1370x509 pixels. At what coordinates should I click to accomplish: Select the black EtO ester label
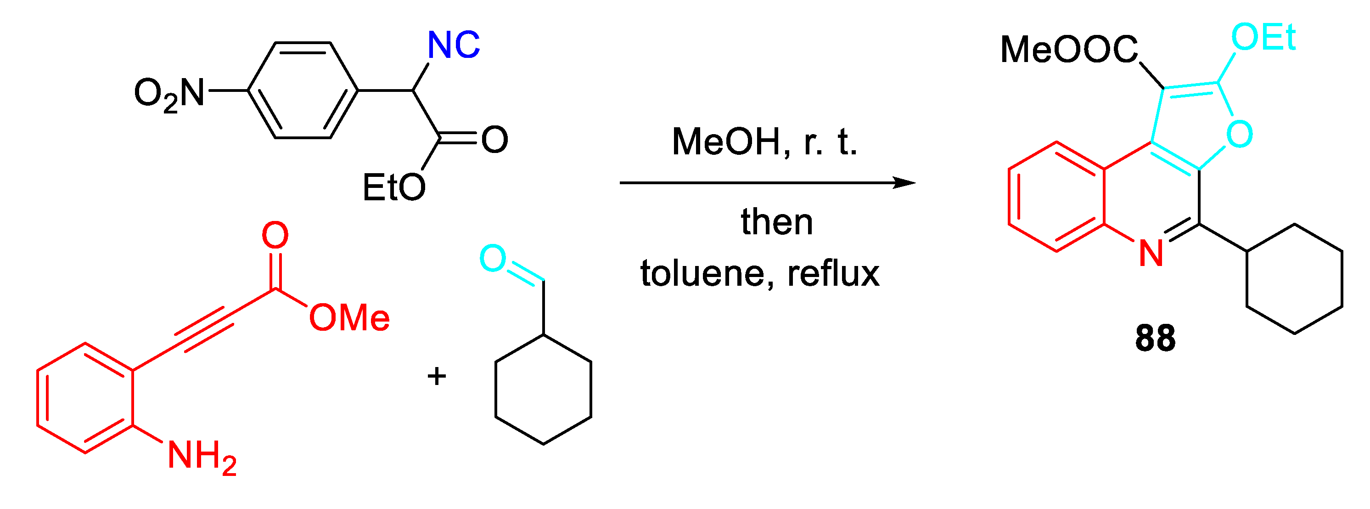[393, 187]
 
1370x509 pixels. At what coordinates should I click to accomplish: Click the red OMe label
[349, 318]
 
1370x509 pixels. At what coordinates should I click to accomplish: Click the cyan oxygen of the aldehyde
[493, 258]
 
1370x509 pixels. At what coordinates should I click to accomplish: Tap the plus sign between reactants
[437, 376]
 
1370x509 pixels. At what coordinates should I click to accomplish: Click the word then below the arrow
[777, 222]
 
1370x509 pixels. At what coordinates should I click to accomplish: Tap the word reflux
[833, 273]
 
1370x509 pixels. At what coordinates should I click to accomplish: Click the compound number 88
[1155, 338]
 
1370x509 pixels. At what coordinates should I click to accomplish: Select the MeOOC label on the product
[1068, 50]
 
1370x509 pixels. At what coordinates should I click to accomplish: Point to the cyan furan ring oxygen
[1240, 134]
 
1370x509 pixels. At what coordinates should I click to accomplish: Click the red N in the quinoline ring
[1151, 253]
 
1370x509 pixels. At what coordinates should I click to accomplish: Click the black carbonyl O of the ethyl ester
[494, 140]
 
